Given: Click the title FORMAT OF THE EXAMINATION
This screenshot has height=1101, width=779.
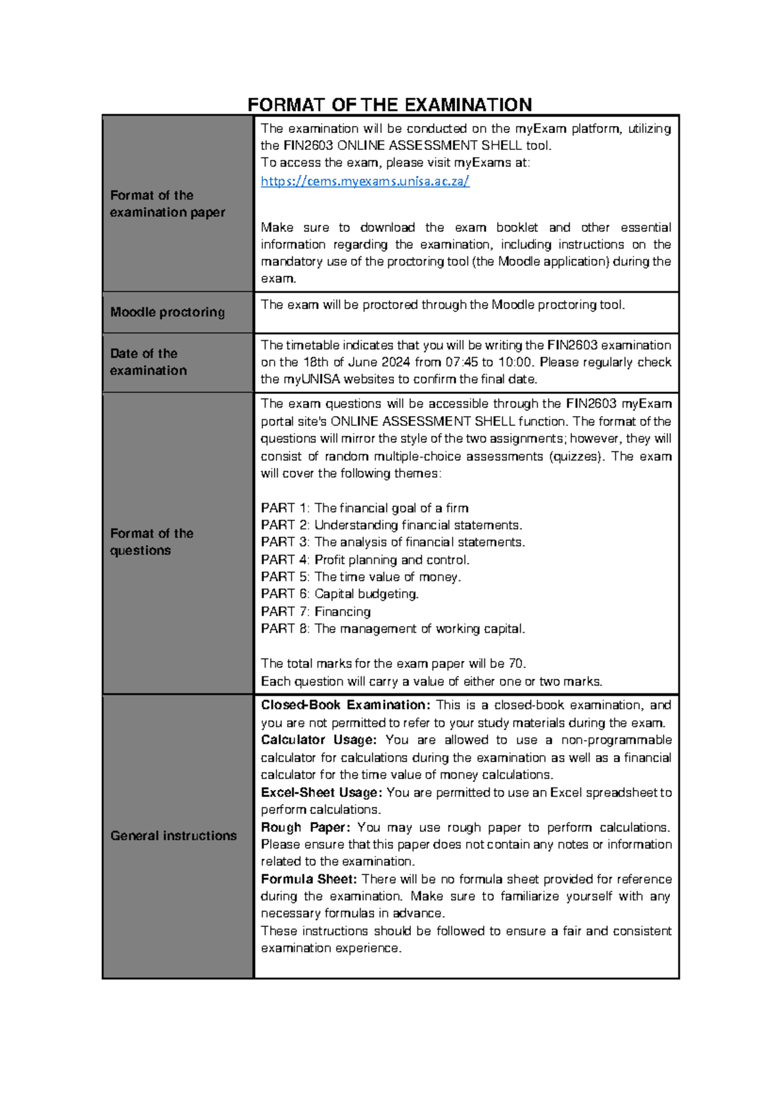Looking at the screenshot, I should [x=389, y=105].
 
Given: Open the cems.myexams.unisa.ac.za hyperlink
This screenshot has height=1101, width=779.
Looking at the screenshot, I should [x=365, y=181].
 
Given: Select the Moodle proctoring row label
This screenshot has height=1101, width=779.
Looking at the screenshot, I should [x=167, y=312].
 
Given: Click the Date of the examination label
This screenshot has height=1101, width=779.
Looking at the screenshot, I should [x=148, y=362].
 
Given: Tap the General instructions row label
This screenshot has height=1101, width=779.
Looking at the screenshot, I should [x=173, y=835].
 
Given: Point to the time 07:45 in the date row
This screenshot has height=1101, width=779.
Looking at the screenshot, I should [x=460, y=362].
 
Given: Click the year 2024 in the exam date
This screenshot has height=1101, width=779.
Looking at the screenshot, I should [x=395, y=362].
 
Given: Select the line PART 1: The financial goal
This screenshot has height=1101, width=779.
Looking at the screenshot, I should [x=364, y=508].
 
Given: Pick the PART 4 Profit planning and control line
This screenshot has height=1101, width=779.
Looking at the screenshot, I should [x=365, y=560].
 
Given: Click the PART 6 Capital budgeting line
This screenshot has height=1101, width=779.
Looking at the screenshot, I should [x=340, y=594].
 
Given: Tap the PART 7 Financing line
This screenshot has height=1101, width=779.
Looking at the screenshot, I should [x=315, y=612].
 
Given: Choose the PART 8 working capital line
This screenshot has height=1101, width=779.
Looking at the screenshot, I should [x=393, y=628].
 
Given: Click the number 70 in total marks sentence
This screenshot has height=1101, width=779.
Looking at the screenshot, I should [x=516, y=663].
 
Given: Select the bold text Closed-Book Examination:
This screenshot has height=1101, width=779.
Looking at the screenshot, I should [x=345, y=705].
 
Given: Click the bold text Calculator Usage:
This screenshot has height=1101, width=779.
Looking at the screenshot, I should [x=318, y=740].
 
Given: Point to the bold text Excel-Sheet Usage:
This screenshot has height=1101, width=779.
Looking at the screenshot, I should [x=322, y=793].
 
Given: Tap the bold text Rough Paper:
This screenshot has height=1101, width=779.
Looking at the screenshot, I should [x=305, y=827].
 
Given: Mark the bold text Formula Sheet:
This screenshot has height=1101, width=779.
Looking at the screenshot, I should [x=309, y=879].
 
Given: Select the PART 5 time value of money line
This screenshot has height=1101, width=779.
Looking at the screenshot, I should [x=361, y=577].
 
